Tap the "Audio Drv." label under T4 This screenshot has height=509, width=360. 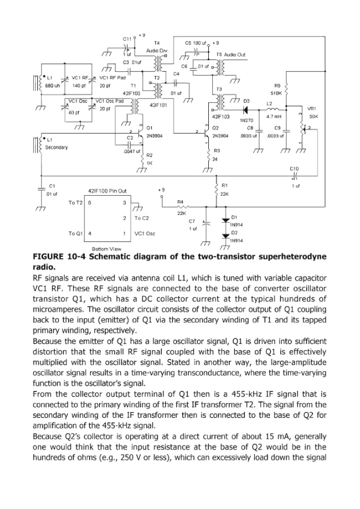[157, 50]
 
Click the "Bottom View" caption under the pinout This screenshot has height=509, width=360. [105, 249]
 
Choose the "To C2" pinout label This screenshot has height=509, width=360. [142, 218]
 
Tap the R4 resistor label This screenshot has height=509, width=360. [181, 201]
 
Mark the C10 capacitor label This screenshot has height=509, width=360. [294, 169]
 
